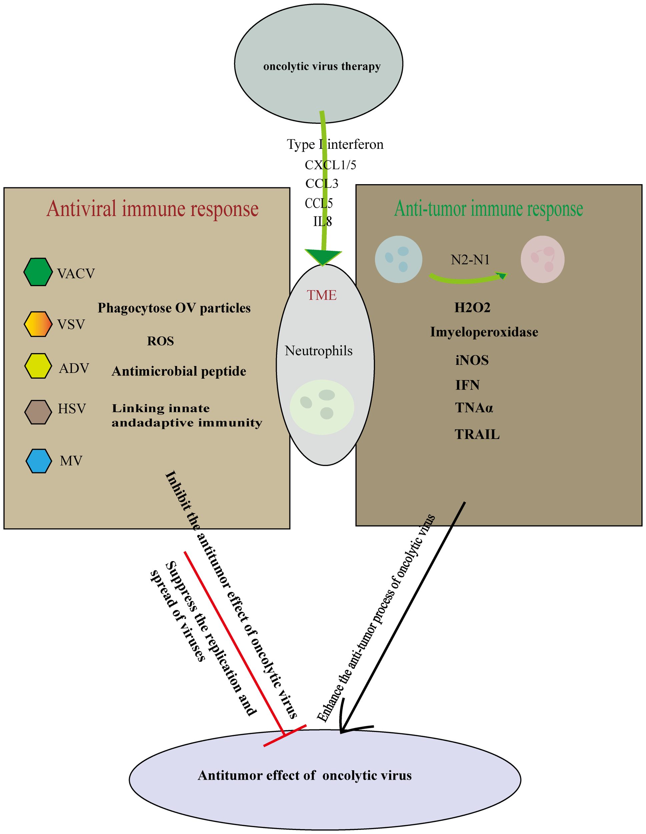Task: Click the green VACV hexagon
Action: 38,272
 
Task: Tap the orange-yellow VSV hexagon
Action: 38,324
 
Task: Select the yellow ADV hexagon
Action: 38,366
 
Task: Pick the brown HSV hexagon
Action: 38,412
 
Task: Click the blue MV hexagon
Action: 39,461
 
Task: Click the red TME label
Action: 322,295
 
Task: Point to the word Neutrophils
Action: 319,351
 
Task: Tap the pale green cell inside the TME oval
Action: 322,407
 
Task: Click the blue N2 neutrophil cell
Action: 398,259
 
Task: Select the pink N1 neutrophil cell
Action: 542,259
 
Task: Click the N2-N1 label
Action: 470,260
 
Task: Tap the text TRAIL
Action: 477,434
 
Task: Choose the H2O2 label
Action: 472,307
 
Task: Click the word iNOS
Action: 472,360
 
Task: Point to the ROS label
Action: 160,341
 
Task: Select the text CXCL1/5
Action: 330,165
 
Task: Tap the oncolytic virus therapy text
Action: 322,66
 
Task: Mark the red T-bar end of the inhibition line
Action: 285,735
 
